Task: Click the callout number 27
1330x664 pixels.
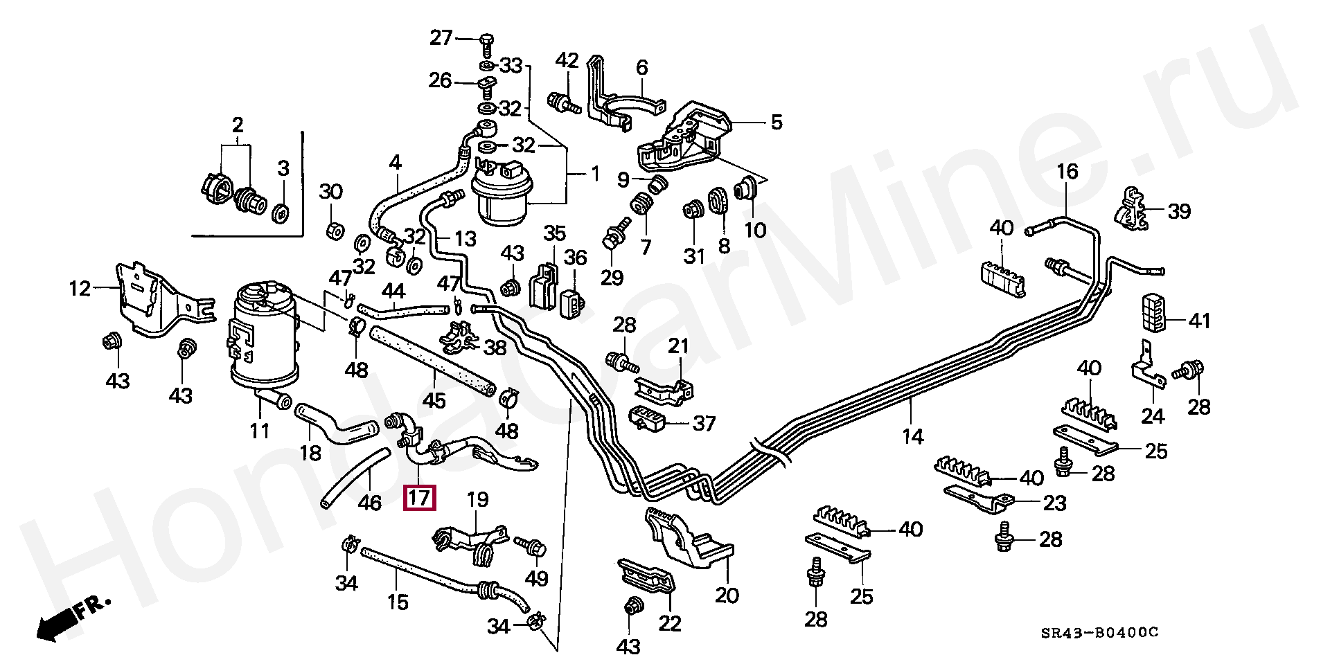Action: coord(441,37)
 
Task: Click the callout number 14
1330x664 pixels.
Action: coord(913,437)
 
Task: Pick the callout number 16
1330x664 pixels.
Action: coord(1067,172)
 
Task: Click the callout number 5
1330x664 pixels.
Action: coord(776,123)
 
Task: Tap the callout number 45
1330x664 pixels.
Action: coord(434,401)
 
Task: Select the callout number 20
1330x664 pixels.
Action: coord(727,595)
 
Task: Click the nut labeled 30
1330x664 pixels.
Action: coord(332,229)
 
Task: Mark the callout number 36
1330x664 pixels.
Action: coord(575,258)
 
